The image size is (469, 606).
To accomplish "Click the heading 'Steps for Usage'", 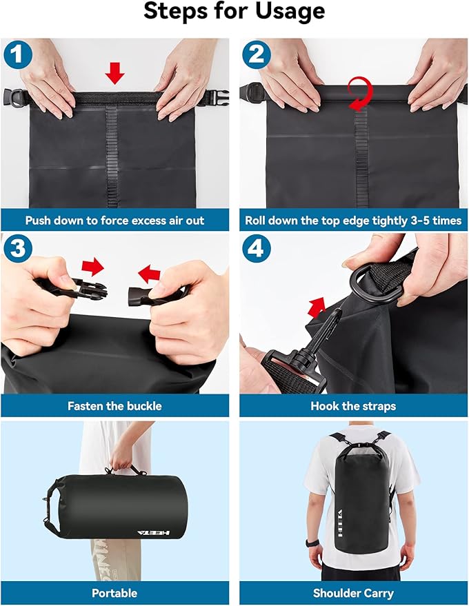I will coord(234,12).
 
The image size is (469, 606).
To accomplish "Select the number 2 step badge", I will coord(256,54).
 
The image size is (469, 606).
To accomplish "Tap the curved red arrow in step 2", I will coord(359,94).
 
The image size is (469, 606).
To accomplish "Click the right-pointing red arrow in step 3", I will coord(93,266).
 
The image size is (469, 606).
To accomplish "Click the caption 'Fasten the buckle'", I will coord(114,406).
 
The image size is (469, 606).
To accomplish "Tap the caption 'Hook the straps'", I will coord(353,406).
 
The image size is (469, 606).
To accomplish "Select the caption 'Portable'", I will coord(114,593).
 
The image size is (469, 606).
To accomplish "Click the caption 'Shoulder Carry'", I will coord(353,593).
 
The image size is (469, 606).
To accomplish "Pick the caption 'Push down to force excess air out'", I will coord(114,221).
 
